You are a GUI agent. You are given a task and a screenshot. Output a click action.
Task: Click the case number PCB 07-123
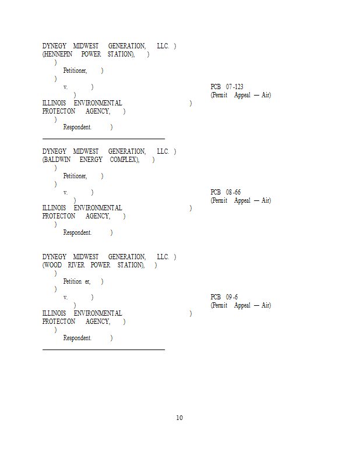click(227, 87)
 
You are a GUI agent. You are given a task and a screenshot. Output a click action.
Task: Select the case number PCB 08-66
click(225, 192)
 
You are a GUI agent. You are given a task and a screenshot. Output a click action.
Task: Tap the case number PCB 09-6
click(224, 297)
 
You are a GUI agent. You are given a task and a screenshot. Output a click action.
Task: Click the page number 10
click(179, 418)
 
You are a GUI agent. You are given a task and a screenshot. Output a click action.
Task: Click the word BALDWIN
click(57, 160)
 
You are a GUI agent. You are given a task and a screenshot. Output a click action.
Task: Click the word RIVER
click(76, 265)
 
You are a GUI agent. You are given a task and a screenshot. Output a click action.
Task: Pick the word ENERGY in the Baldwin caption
click(91, 160)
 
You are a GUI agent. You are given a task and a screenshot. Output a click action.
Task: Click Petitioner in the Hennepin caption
click(75, 70)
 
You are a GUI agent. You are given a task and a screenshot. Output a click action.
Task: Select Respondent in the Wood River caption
click(77, 338)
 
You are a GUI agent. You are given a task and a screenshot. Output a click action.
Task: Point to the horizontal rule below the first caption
click(104, 139)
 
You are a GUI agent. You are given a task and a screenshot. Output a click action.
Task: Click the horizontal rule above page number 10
click(104, 349)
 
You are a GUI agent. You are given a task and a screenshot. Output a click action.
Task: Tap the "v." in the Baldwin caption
click(65, 193)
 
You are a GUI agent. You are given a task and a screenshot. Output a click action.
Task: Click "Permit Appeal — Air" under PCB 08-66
click(241, 200)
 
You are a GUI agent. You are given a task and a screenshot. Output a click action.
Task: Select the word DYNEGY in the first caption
click(54, 46)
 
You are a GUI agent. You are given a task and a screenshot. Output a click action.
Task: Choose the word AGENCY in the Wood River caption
click(97, 322)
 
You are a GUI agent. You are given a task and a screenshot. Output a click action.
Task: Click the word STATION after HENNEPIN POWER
click(120, 54)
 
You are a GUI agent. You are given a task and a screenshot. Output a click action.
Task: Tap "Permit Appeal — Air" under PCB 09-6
click(241, 305)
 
